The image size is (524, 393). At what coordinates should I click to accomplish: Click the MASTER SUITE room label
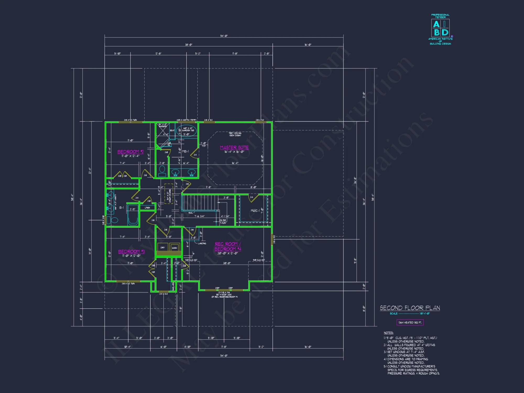pos(234,148)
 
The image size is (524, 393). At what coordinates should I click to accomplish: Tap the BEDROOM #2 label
pos(130,152)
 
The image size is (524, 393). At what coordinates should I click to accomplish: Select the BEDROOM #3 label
pos(131,252)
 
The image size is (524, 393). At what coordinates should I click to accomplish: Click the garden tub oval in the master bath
pos(187,130)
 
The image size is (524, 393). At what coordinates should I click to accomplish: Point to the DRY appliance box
pos(163,248)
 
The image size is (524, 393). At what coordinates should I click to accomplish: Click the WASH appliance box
pos(174,248)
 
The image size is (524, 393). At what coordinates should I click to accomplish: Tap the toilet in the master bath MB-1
pos(162,170)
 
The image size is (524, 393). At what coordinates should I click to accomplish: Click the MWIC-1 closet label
pos(255,211)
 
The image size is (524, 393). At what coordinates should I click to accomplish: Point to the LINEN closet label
pos(147,208)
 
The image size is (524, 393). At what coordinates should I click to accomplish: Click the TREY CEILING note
pos(235,134)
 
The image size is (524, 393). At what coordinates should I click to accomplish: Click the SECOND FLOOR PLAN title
pos(410,308)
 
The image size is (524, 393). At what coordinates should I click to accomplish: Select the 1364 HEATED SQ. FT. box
pos(410,323)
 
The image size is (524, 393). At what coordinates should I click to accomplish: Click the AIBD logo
pos(440,28)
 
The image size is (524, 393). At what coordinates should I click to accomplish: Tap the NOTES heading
pos(389,333)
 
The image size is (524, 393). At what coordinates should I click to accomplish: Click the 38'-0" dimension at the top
pos(189,45)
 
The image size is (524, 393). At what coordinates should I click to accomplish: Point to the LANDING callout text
pos(202,243)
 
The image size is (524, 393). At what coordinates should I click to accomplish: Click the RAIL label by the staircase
pos(190,213)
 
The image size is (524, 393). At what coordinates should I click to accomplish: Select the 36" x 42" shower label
pos(163,125)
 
